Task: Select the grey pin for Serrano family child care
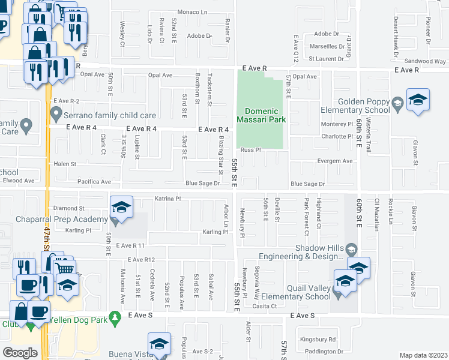coord(56,112)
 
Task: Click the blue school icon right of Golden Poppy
coord(418,100)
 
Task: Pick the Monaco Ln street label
coord(191,11)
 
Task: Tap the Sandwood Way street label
coord(425,61)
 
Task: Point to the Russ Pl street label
coord(249,150)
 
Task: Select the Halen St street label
coord(65,164)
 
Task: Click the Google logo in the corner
coord(20,353)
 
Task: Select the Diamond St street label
coord(66,208)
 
